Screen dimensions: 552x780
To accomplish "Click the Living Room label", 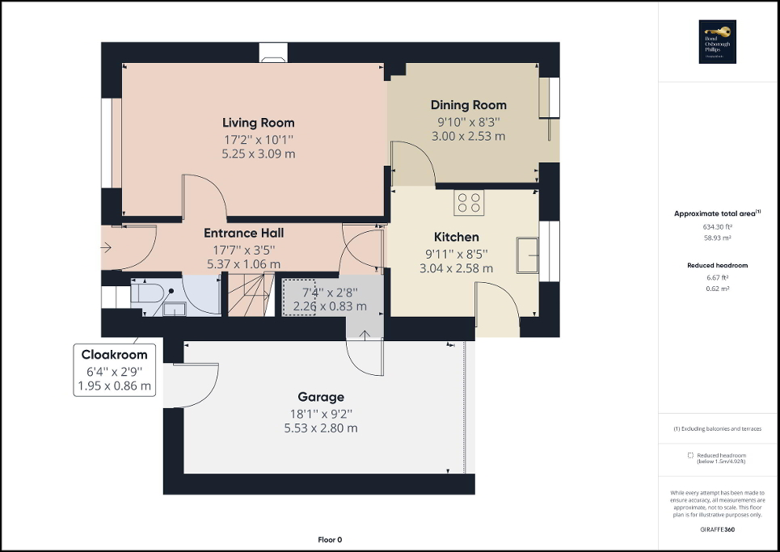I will [x=258, y=123].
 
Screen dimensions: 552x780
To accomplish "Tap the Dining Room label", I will [x=468, y=105].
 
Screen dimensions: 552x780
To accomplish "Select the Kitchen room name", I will [x=456, y=238].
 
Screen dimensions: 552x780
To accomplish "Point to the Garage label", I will [x=320, y=397].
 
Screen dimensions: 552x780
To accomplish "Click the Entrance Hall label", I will [x=243, y=233].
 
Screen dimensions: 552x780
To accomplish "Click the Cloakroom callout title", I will [x=114, y=355].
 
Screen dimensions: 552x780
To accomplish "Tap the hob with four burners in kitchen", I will [x=468, y=202].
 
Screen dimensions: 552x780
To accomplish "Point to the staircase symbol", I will [x=247, y=295].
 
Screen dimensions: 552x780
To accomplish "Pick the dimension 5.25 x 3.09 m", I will [x=258, y=154].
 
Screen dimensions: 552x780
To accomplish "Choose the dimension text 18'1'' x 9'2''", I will [x=320, y=413].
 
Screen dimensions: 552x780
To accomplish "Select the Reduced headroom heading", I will [x=717, y=265].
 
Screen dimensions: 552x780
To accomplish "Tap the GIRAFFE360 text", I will [x=717, y=527].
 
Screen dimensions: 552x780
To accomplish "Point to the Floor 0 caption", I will [x=330, y=540].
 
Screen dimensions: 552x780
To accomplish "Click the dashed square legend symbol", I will [x=689, y=455].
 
